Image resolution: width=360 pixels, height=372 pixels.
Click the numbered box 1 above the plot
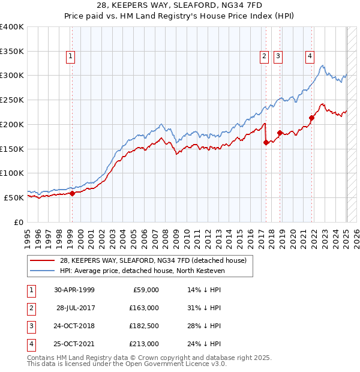click(71, 57)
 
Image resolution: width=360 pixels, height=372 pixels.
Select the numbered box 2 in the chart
click(264, 57)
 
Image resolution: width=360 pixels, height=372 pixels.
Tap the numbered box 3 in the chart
click(278, 57)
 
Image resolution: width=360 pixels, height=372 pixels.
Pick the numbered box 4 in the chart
click(310, 57)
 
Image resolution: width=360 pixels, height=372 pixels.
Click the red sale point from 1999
click(72, 193)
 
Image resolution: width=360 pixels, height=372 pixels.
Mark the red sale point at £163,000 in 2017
click(266, 142)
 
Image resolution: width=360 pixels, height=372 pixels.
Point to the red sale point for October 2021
click(311, 118)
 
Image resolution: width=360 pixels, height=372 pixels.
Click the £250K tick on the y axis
click(13, 100)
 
